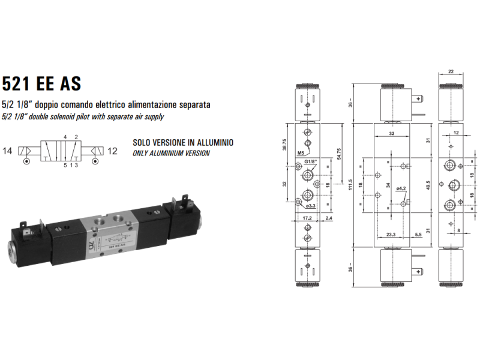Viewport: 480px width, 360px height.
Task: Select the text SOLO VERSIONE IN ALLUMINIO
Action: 182,143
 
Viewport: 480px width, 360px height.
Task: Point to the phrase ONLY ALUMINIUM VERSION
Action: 171,153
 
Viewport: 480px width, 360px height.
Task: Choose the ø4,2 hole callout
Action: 401,188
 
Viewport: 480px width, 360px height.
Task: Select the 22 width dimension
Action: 450,72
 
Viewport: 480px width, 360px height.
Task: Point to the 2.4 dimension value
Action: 329,218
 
